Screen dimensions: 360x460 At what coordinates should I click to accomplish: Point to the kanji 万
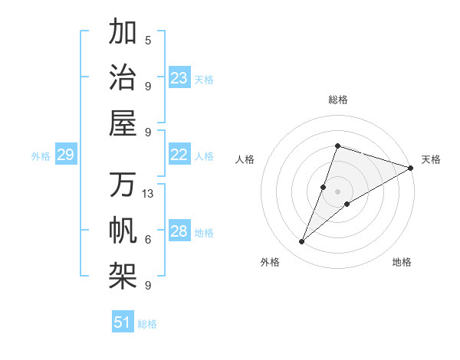pos(123,185)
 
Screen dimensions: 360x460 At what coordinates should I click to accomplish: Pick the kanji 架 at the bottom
pos(123,276)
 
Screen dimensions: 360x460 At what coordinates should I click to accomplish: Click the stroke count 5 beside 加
pos(148,40)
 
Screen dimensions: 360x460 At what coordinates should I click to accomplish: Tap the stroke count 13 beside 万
pos(148,194)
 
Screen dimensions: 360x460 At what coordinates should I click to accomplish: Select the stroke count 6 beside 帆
pos(148,240)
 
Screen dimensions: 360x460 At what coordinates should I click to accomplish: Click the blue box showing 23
pos(179,78)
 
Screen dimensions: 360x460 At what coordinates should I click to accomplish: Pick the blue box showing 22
pos(179,155)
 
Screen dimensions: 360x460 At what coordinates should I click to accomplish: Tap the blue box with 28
pos(179,232)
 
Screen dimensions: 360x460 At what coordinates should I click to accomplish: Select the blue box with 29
pos(65,155)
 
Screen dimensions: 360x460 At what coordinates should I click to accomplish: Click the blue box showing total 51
pos(123,322)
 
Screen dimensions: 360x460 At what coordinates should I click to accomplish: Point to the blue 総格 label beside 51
pos(147,324)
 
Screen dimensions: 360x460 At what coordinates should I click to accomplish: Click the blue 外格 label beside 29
pos(41,156)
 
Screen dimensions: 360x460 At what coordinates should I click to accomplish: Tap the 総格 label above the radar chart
pos(337,100)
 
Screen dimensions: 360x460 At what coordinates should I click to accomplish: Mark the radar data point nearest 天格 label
pos(410,168)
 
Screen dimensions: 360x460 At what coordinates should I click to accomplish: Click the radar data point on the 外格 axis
pos(302,242)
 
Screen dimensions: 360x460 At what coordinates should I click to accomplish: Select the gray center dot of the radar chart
pos(337,191)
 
